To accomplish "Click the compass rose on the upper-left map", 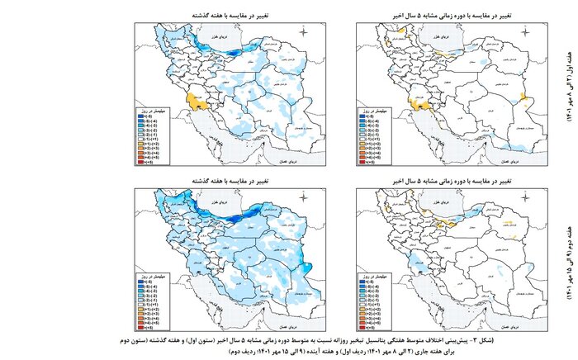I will (305, 33).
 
